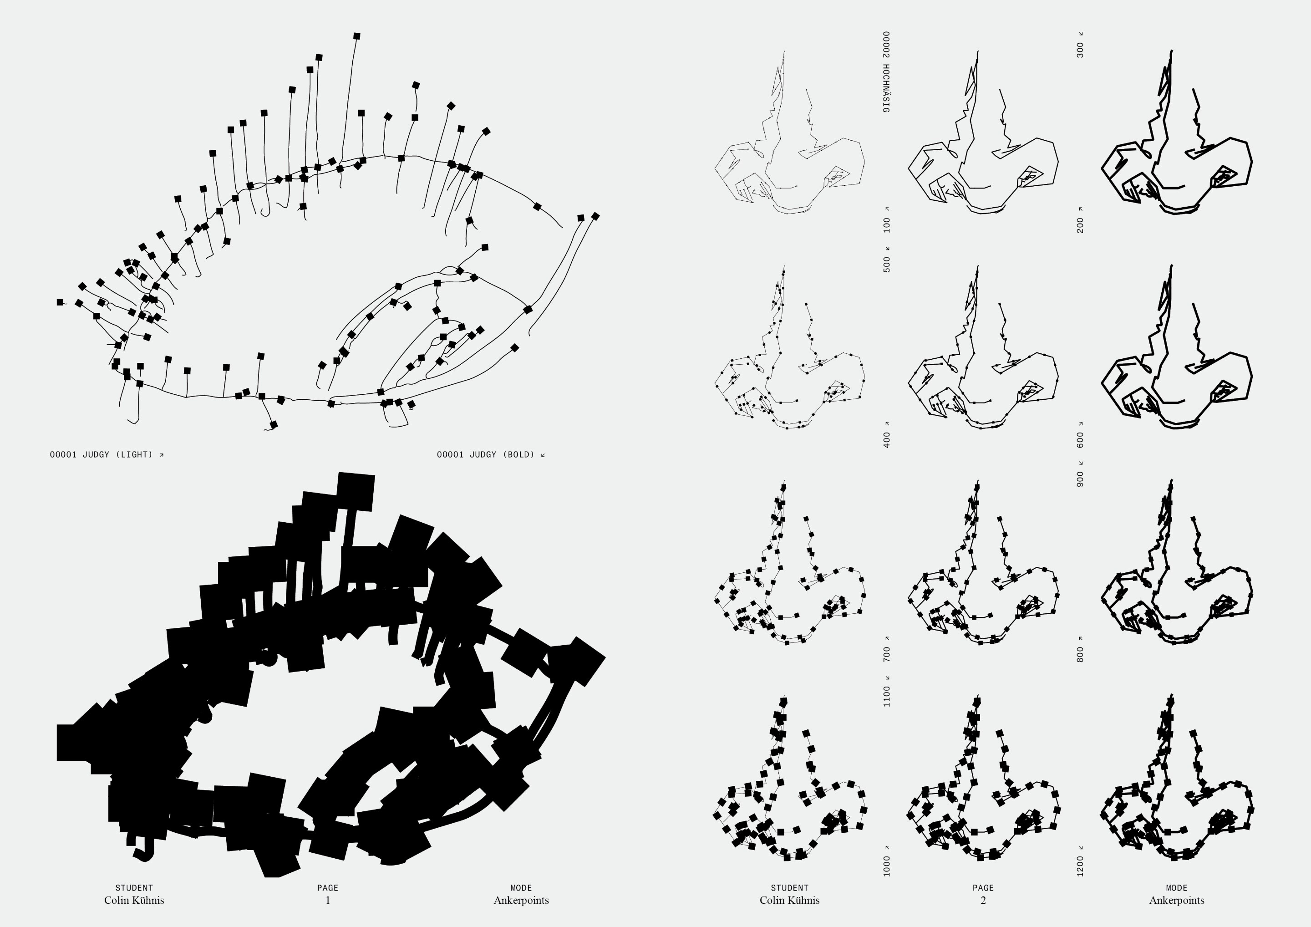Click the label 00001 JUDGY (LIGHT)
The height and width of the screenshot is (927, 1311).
tap(102, 455)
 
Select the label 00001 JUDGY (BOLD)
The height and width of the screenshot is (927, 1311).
tap(486, 455)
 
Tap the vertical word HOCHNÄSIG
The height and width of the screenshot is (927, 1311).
tap(886, 88)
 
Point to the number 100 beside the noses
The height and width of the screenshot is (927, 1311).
tap(887, 224)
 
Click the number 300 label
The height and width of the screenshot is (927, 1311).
tap(1080, 50)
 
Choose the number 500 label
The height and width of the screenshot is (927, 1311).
tap(887, 265)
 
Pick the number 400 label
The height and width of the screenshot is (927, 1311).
tap(887, 440)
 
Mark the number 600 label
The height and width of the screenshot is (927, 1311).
tap(1080, 440)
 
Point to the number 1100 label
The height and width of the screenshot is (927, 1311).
tap(887, 696)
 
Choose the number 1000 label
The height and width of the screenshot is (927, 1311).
tap(887, 866)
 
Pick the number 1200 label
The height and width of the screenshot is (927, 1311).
tap(1080, 866)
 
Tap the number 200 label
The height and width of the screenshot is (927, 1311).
tap(1080, 225)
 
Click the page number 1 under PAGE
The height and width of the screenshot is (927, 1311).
tap(328, 900)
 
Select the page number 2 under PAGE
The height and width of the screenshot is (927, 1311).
tap(983, 900)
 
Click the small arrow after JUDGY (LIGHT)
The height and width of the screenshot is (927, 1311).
tap(162, 455)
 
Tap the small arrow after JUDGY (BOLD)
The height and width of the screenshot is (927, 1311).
tap(543, 455)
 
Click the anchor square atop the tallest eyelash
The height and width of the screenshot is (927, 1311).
tap(357, 36)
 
